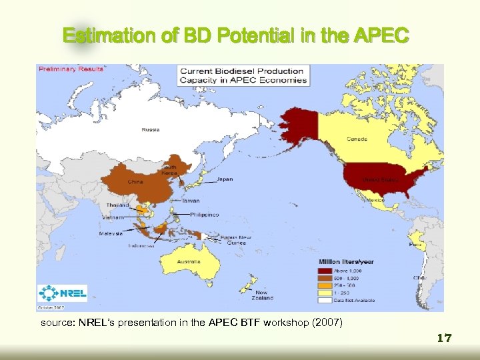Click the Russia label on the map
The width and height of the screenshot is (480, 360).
(x=150, y=129)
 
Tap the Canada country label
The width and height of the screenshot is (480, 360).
(x=356, y=139)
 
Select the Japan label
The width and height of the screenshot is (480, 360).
(x=225, y=179)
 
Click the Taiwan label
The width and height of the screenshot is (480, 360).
(x=191, y=200)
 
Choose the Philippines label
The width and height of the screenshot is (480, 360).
(x=204, y=215)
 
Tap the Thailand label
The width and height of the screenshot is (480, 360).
(x=117, y=205)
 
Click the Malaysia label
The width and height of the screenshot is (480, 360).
(x=111, y=234)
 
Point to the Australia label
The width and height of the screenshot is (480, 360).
(x=189, y=261)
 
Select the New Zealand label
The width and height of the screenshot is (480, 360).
(x=261, y=295)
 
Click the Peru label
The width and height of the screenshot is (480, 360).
(x=415, y=245)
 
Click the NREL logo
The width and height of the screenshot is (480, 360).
(x=63, y=293)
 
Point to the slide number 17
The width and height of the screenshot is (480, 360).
(x=444, y=339)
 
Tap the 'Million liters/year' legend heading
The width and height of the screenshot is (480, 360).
(x=347, y=262)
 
